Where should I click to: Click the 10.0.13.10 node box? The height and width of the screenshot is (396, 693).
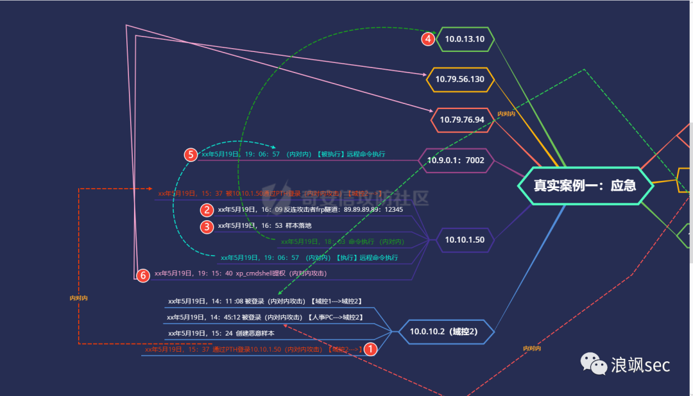[x=465, y=39]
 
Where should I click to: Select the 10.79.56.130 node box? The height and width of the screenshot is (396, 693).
[x=460, y=80]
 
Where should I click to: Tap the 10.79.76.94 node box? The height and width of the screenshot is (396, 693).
[x=461, y=120]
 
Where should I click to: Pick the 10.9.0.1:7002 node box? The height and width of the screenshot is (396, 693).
[x=456, y=160]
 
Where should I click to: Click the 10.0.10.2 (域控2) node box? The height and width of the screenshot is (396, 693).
[x=443, y=332]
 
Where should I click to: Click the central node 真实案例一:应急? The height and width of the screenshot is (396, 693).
[x=585, y=185]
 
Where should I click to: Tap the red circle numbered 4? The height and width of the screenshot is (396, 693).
[x=428, y=39]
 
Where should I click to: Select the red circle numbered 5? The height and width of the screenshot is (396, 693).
[x=191, y=155]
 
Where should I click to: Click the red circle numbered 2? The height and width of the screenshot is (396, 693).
[x=207, y=210]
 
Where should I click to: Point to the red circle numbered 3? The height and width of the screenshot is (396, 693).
[x=207, y=227]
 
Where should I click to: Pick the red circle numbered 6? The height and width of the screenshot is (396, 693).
[x=143, y=275]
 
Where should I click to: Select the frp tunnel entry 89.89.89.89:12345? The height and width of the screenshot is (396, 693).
[x=372, y=210]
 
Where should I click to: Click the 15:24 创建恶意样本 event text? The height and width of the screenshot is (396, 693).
[x=221, y=333]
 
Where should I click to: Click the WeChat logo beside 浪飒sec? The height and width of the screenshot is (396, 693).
[x=594, y=365]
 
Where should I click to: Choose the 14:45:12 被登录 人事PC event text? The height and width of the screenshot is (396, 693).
[x=264, y=317]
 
